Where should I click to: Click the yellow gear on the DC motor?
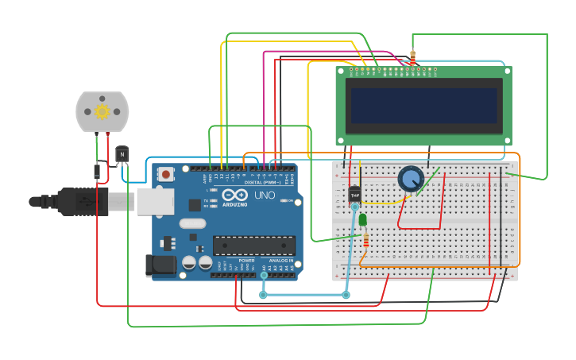[102, 111]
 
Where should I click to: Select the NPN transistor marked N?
[122, 154]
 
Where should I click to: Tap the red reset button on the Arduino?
[165, 174]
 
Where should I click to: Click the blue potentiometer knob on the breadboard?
[411, 179]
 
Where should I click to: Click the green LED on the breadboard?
[363, 219]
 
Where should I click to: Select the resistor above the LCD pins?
[412, 58]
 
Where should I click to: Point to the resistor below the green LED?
[365, 239]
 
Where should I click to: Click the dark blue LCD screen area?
[423, 105]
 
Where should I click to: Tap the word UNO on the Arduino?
[265, 195]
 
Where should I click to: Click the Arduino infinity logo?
[235, 195]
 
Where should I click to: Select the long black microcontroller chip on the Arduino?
[253, 246]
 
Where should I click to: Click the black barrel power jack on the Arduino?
[160, 265]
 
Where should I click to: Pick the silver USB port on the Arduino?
[155, 201]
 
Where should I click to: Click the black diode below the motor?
[97, 171]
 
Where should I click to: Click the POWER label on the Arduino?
[247, 261]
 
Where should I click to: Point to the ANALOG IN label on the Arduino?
[280, 261]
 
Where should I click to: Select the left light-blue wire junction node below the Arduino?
[263, 295]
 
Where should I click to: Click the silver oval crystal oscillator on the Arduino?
[192, 223]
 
